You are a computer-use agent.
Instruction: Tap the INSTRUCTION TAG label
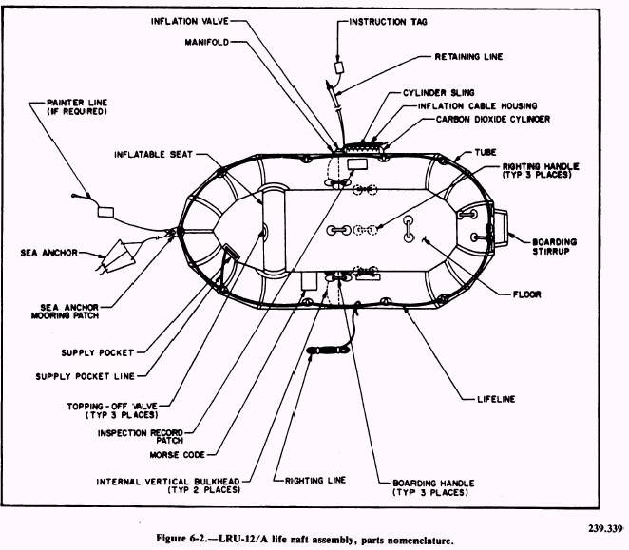pos(390,20)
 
